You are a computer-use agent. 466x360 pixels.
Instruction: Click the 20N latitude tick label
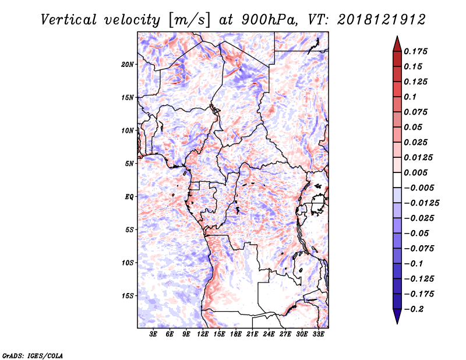pos(128,64)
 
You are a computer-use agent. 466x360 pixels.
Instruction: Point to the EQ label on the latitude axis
pos(129,196)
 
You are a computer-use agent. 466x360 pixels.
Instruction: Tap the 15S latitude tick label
pos(128,295)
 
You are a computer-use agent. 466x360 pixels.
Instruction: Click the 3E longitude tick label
pos(154,334)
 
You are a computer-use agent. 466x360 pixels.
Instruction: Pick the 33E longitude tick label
pos(318,334)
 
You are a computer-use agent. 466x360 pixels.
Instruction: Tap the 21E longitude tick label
pos(252,334)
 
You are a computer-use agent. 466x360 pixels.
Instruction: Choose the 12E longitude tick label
pos(203,334)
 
